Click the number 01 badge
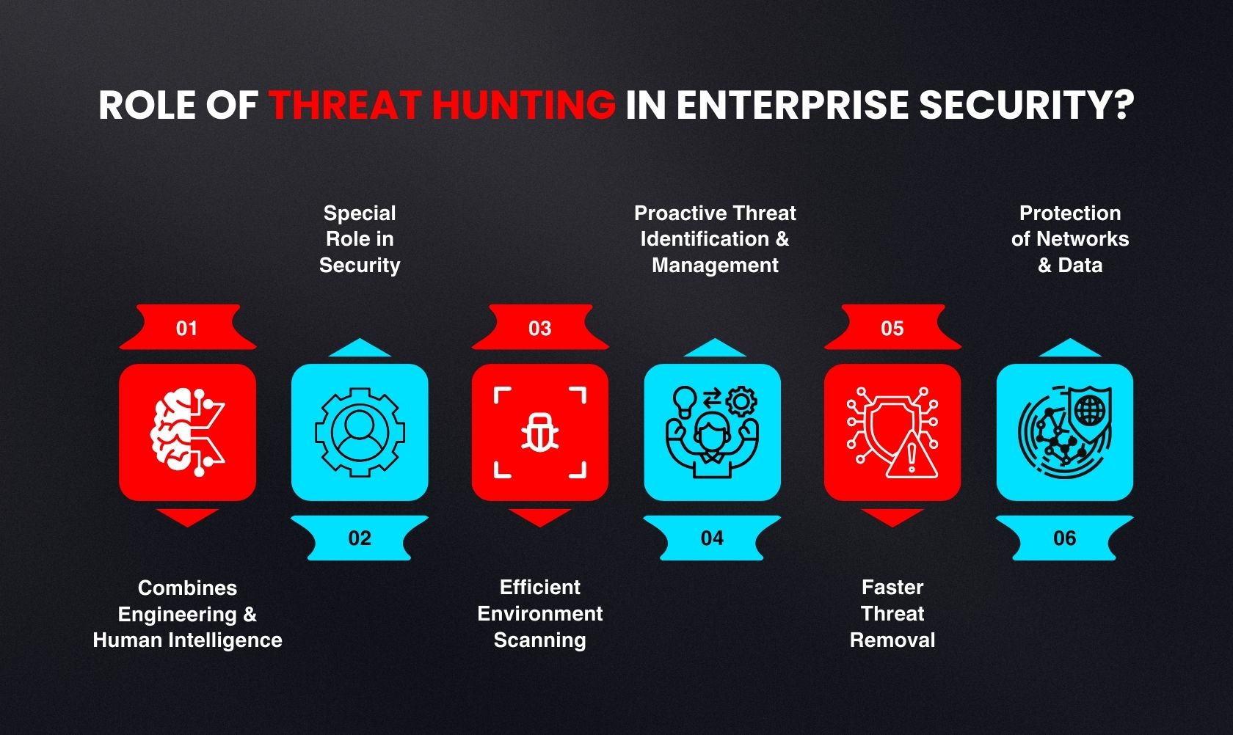pyautogui.click(x=187, y=328)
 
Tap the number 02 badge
pyautogui.click(x=360, y=538)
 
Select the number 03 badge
pyautogui.click(x=540, y=328)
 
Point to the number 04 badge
pyautogui.click(x=712, y=538)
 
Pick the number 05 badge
pyautogui.click(x=892, y=328)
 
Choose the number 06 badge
pyautogui.click(x=1065, y=538)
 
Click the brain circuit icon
pyautogui.click(x=187, y=433)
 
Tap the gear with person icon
pyautogui.click(x=360, y=433)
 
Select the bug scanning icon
pyautogui.click(x=540, y=433)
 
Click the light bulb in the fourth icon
pyautogui.click(x=684, y=400)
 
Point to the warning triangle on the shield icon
pyautogui.click(x=912, y=456)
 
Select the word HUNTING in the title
pyautogui.click(x=523, y=105)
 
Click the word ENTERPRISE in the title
pyautogui.click(x=792, y=105)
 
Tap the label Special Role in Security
pyautogui.click(x=360, y=239)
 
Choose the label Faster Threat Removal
pyautogui.click(x=892, y=613)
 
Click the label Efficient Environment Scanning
pyautogui.click(x=540, y=613)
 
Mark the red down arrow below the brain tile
pyautogui.click(x=187, y=517)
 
